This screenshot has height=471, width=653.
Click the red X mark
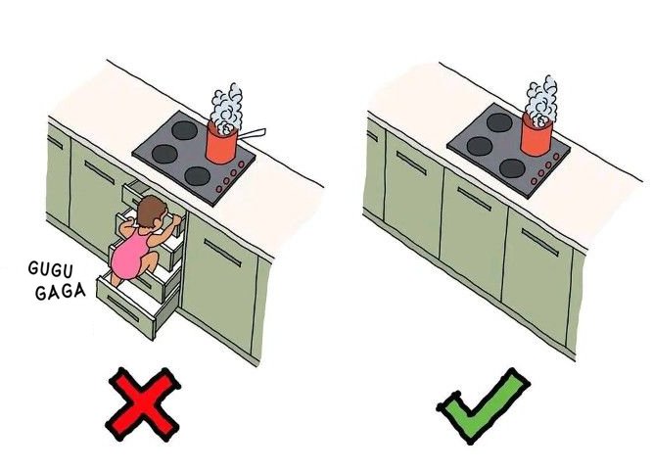coord(142,404)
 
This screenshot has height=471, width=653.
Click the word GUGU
coord(51,269)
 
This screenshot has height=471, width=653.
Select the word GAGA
coord(61,291)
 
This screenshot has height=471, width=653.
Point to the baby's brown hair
coord(152,210)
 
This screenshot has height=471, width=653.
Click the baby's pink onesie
coord(130,255)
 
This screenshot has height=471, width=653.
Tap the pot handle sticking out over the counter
coord(252,133)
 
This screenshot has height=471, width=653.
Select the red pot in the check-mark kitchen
coord(536,133)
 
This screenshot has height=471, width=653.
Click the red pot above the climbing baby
coord(222,142)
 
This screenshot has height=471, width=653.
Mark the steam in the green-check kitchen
coord(541,101)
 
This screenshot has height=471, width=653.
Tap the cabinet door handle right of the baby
coord(222,253)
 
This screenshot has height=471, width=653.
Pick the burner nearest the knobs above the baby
coord(198,176)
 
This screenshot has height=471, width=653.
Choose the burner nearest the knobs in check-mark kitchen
coord(512,167)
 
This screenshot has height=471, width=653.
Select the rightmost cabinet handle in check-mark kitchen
coord(540,243)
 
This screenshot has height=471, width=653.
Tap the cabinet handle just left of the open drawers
coord(99,172)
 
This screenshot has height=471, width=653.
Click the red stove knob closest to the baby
coord(219,189)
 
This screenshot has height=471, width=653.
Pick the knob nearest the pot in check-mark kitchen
coord(555,156)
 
